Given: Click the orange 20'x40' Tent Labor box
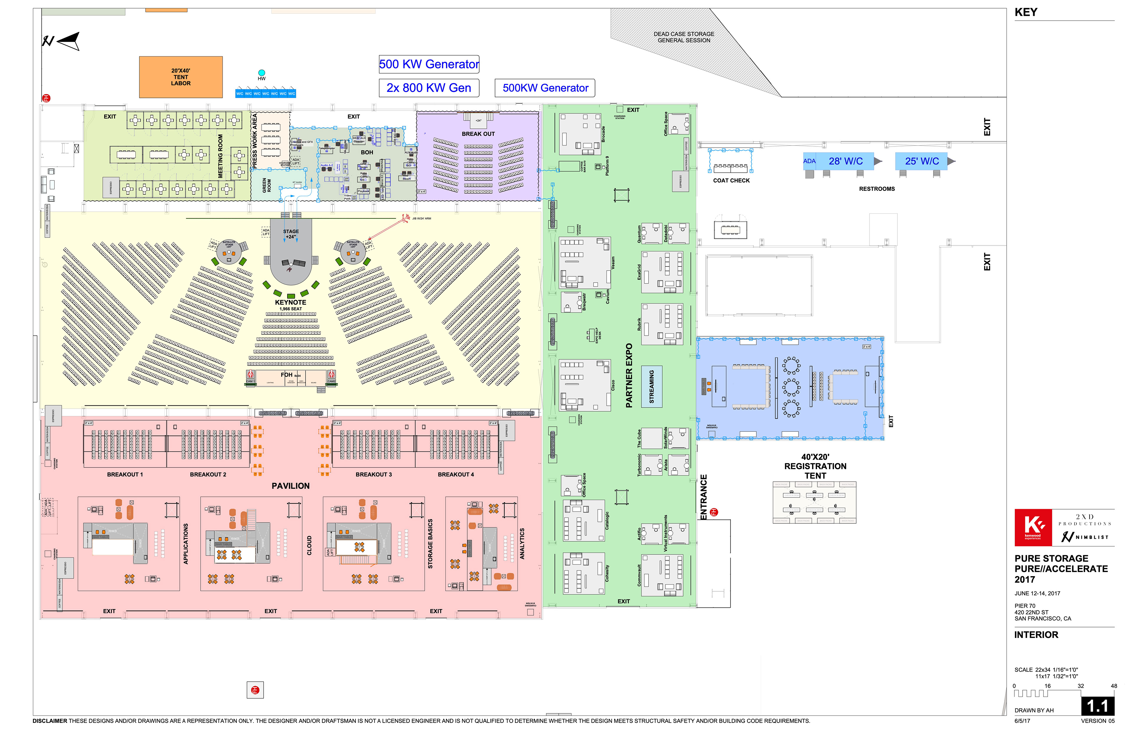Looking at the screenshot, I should click(181, 77).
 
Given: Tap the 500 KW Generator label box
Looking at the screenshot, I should click(429, 64).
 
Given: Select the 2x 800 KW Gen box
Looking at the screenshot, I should click(429, 88).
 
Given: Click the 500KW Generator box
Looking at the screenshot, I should click(545, 88).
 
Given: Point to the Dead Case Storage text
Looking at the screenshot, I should click(684, 37).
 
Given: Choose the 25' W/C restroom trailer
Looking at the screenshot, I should click(922, 161).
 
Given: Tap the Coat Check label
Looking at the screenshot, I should click(731, 181).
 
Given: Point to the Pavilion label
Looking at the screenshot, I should click(290, 486).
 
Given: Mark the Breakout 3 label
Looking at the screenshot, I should click(373, 474).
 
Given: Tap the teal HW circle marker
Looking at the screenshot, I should click(261, 73).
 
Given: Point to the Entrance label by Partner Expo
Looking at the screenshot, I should click(704, 497).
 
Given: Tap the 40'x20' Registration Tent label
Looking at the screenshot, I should click(815, 466).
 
